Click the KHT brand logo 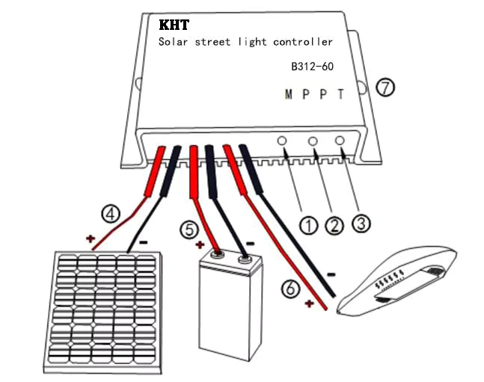pos(174,25)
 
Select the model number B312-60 pos(313,67)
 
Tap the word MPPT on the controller pos(314,94)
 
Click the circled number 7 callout pos(385,87)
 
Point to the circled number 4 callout pos(111,214)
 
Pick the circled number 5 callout pos(189,229)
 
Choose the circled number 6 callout pos(290,289)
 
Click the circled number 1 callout pos(308,225)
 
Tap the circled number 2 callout pos(334,226)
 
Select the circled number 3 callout pos(361,223)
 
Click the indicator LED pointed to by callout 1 pos(282,141)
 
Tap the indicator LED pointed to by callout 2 pos(313,141)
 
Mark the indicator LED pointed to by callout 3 pos(340,141)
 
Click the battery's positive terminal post pos(217,255)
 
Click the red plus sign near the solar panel pos(90,238)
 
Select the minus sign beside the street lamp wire pos(331,274)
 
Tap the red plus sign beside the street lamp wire pos(309,304)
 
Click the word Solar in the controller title pos(173,42)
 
